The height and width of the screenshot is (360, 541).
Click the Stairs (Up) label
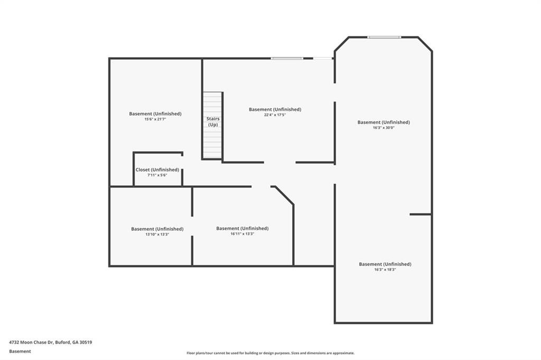pyautogui.click(x=213, y=121)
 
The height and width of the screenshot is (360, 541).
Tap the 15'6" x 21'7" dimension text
pyautogui.click(x=155, y=119)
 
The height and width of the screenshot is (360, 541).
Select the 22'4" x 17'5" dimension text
pyautogui.click(x=275, y=115)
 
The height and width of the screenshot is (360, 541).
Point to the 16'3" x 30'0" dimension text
pyautogui.click(x=384, y=128)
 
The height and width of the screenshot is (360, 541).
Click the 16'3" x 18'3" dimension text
pyautogui.click(x=385, y=270)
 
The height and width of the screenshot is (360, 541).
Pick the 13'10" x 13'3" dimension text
pyautogui.click(x=157, y=234)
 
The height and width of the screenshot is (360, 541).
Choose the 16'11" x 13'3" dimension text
pyautogui.click(x=242, y=234)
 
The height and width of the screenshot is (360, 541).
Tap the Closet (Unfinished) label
pyautogui.click(x=157, y=169)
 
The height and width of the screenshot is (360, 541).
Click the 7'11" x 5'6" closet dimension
pyautogui.click(x=157, y=175)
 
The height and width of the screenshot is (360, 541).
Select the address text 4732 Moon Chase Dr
pyautogui.click(x=51, y=342)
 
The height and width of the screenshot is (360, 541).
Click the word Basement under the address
pyautogui.click(x=20, y=351)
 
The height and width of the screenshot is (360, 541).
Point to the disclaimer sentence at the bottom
pyautogui.click(x=270, y=353)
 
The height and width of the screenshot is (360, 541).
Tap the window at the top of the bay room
pyautogui.click(x=384, y=37)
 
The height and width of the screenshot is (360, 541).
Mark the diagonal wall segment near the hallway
pyautogui.click(x=283, y=195)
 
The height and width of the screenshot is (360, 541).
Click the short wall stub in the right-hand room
pyautogui.click(x=421, y=214)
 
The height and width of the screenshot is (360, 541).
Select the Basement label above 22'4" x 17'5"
pyautogui.click(x=275, y=109)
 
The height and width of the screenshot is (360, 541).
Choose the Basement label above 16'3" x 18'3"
pyautogui.click(x=385, y=264)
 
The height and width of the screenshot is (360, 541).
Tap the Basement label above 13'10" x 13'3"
pyautogui.click(x=157, y=229)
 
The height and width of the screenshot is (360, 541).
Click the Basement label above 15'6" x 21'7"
pyautogui.click(x=155, y=113)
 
